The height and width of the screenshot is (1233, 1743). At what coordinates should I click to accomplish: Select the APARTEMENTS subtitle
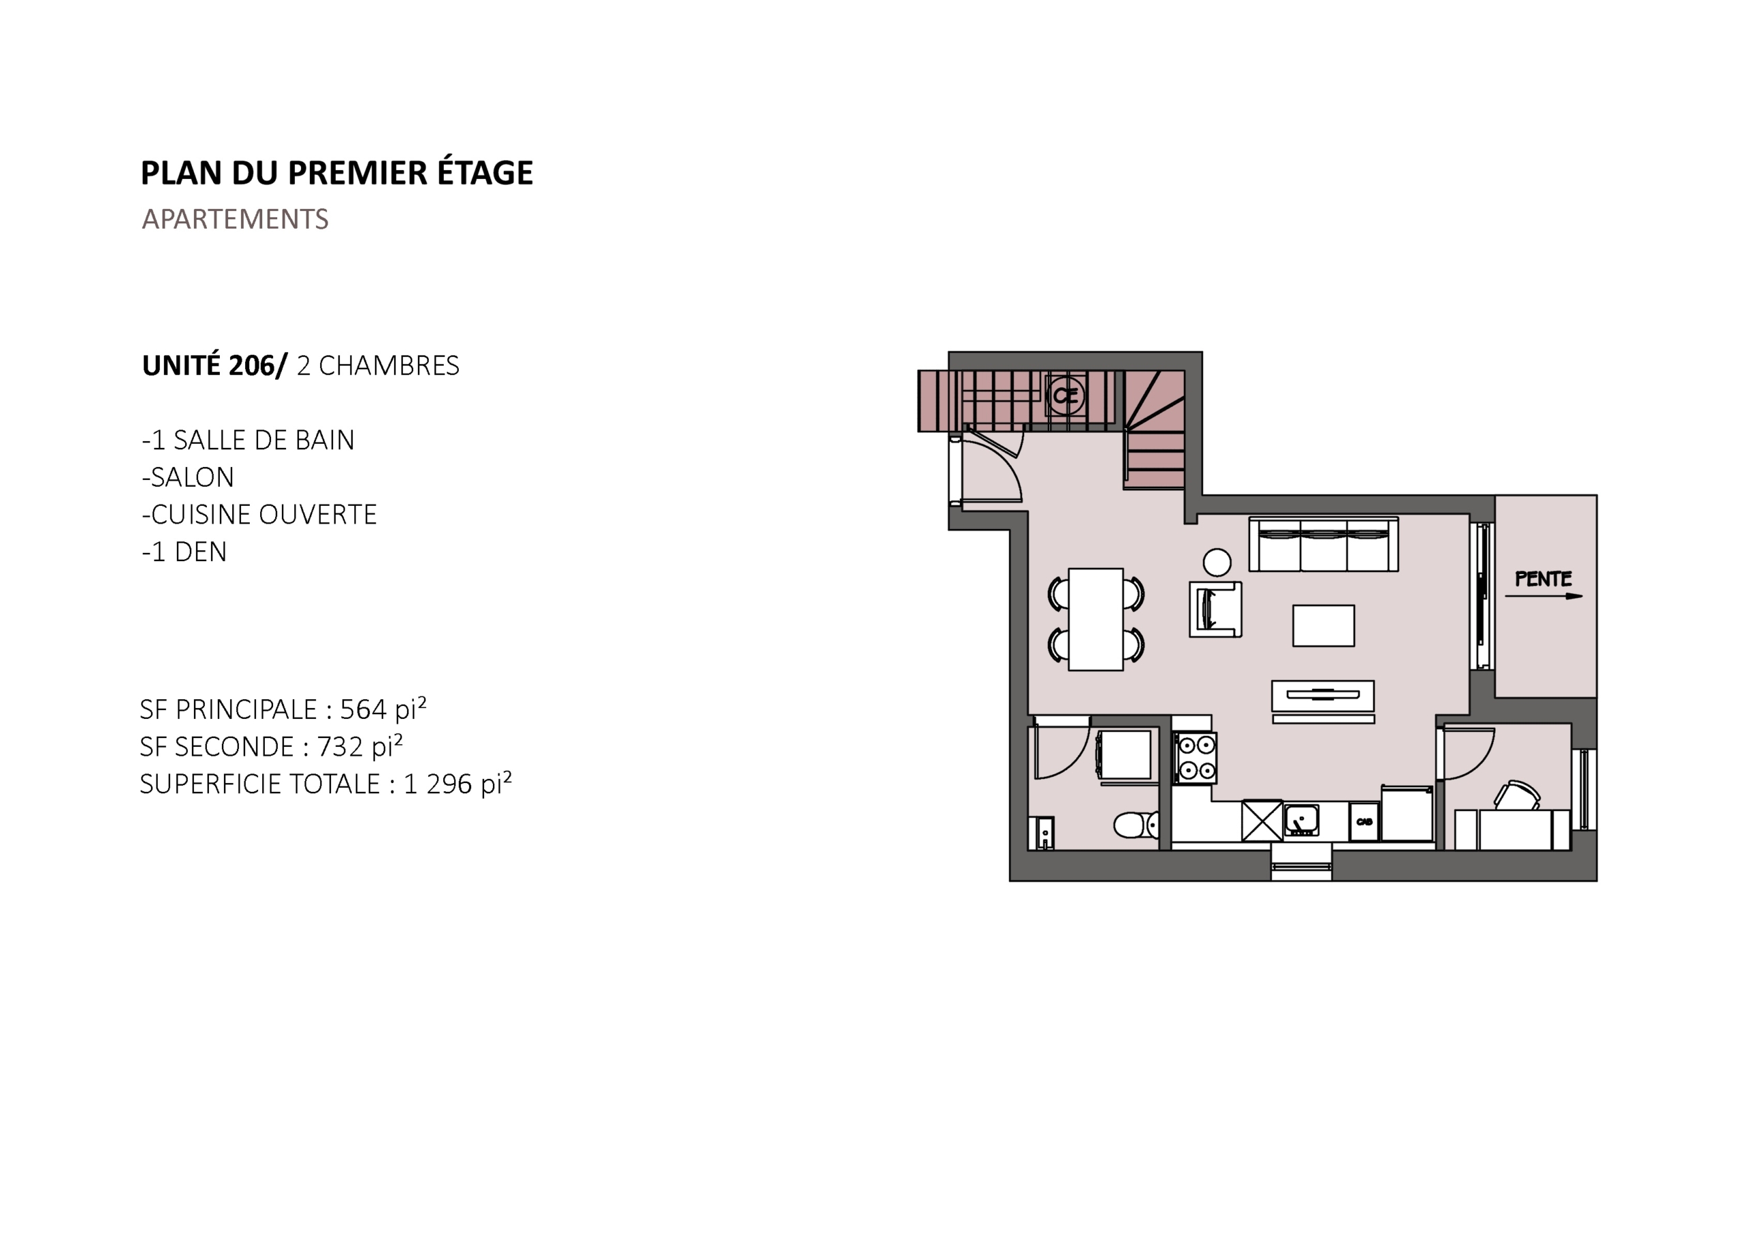236,219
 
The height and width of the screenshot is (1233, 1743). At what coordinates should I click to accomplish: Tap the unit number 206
251,366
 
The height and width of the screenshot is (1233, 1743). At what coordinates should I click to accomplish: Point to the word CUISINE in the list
201,515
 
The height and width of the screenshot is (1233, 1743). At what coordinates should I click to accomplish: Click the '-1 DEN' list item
185,552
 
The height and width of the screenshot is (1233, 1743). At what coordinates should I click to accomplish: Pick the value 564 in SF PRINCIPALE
363,709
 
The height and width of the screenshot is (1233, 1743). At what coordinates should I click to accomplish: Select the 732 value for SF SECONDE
340,746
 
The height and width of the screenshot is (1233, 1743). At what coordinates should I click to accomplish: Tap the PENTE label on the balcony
1544,579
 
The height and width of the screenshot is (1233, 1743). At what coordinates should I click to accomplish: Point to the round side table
1217,562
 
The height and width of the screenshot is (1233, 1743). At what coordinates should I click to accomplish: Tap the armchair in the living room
1215,609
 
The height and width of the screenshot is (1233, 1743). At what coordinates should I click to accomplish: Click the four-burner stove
1196,758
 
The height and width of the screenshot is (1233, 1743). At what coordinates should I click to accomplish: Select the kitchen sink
1301,820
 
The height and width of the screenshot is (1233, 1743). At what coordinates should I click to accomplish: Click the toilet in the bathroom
1136,824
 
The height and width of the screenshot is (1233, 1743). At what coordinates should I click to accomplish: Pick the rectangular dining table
1096,620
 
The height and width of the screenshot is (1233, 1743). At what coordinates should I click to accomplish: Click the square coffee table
1323,626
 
